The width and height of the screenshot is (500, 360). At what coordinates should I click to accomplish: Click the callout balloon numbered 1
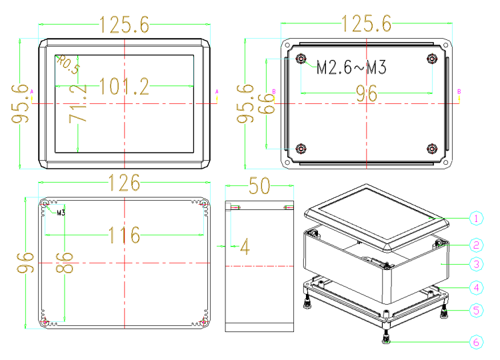coord(476,219)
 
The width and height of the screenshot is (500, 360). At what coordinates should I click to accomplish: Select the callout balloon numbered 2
coord(476,245)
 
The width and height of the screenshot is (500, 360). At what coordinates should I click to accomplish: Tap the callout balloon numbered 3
coord(476,264)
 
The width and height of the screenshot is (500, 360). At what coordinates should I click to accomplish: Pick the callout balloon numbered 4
coord(476,287)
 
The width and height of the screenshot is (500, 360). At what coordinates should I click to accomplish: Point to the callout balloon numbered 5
coord(476,310)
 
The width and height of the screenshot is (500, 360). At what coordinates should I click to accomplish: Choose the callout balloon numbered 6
coord(476,342)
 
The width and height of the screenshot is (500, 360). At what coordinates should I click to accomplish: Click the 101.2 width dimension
coord(124,87)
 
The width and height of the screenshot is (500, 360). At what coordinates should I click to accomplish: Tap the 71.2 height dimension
coord(78,104)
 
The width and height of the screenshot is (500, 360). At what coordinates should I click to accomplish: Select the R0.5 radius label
coord(68,65)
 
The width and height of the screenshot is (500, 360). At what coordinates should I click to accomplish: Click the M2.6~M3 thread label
coord(351,67)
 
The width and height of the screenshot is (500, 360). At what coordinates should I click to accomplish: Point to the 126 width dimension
coord(125,183)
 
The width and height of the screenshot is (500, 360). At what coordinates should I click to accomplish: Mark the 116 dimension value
coord(125,235)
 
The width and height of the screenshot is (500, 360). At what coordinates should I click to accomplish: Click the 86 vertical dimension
coord(65,263)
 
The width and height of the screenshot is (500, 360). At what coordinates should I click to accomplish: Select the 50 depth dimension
coord(259,185)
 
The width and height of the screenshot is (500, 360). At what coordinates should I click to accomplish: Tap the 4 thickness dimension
coord(245,247)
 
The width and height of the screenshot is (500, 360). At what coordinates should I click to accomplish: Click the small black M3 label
coord(61,213)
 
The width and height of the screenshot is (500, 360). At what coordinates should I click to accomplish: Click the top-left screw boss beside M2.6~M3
coord(301,59)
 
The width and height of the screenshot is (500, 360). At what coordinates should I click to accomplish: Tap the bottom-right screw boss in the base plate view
coord(432,149)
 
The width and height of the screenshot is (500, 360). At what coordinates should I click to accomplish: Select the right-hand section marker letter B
coord(459,91)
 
